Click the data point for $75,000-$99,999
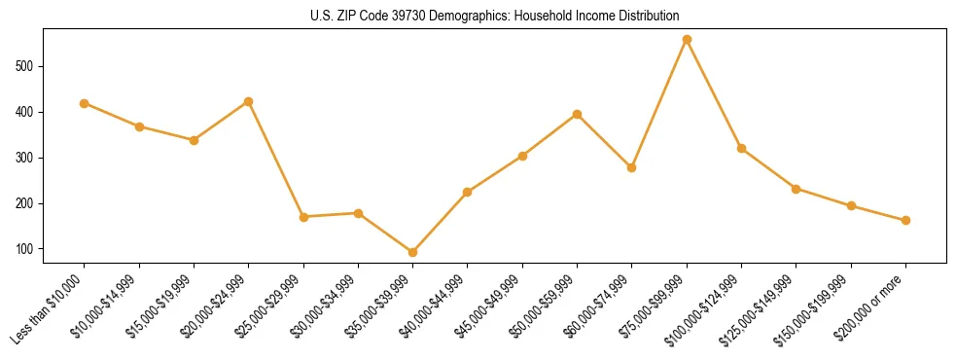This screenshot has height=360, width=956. coord(687,40)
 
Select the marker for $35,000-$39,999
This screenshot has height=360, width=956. coord(413,252)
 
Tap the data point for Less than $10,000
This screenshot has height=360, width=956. coord(85,103)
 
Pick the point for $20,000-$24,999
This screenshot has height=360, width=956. coord(249,101)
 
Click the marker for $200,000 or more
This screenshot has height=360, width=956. coord(905,220)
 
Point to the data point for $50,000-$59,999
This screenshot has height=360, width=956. coord(578,114)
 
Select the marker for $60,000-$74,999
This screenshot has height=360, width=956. coord(632,167)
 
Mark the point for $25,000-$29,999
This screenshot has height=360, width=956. coord(303,217)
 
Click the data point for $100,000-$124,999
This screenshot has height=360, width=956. coord(742,148)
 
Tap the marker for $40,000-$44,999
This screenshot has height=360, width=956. coord(468,192)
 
